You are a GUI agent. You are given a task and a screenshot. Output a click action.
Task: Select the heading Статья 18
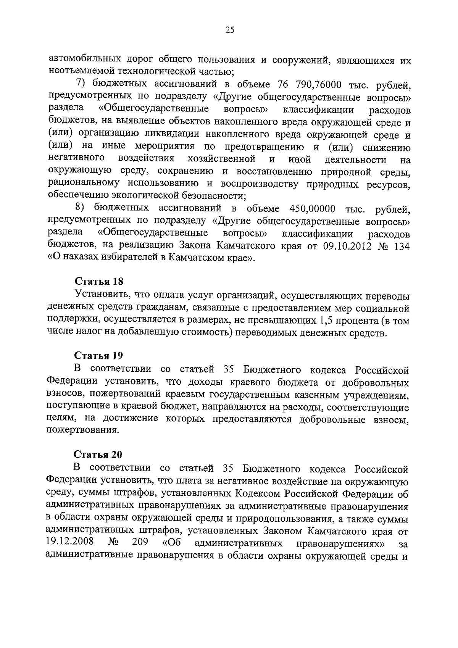coord(99,282)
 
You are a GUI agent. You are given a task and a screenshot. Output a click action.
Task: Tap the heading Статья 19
coord(98,356)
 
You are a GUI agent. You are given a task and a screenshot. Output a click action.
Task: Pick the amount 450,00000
coord(313,209)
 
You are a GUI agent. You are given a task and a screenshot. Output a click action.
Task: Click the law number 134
coord(401,246)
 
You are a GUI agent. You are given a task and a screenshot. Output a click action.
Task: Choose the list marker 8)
coord(83,208)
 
